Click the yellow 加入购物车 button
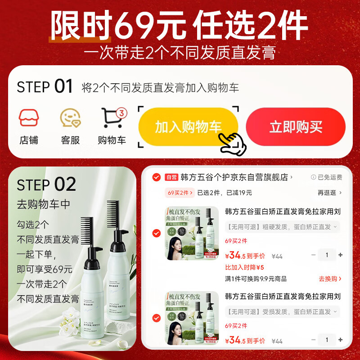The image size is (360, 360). (188, 126)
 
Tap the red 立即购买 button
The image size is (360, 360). (296, 126)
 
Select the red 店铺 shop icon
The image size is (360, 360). (29, 118)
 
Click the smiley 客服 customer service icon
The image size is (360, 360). (70, 118)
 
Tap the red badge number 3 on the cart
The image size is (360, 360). (121, 113)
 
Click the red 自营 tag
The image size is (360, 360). (171, 177)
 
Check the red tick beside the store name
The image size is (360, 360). (157, 177)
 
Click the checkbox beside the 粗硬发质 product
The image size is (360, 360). (157, 233)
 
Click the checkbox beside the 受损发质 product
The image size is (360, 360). (157, 318)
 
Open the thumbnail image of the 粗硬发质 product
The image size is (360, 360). (192, 233)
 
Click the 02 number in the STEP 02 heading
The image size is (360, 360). (65, 184)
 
